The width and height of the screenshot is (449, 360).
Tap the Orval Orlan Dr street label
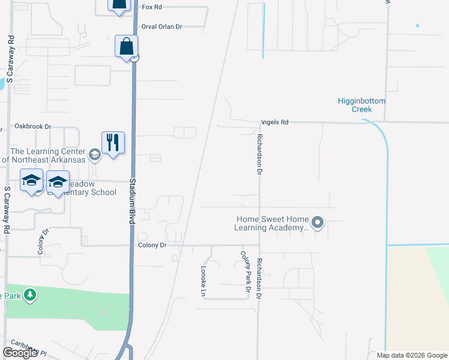pyautogui.click(x=161, y=27)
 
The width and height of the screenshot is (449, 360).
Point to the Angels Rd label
pyautogui.click(x=274, y=122)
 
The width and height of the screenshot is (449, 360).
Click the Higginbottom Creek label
pyautogui.click(x=362, y=105)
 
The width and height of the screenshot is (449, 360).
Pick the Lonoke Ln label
pyautogui.click(x=203, y=280)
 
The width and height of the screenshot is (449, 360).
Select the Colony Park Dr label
pyautogui.click(x=245, y=272)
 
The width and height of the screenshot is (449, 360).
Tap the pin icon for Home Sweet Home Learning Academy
pyautogui.click(x=318, y=224)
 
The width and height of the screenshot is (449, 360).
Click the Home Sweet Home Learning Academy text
pyautogui.click(x=273, y=224)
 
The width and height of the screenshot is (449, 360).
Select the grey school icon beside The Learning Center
pyautogui.click(x=94, y=155)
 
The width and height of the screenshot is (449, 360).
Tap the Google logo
pyautogui.click(x=20, y=353)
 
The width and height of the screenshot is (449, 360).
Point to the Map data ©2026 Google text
pyautogui.click(x=411, y=355)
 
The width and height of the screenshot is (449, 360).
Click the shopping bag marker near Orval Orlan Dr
pyautogui.click(x=127, y=46)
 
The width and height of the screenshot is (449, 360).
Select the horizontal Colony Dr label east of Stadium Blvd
pyautogui.click(x=151, y=245)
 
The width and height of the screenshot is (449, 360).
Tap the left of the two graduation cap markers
pyautogui.click(x=31, y=181)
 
